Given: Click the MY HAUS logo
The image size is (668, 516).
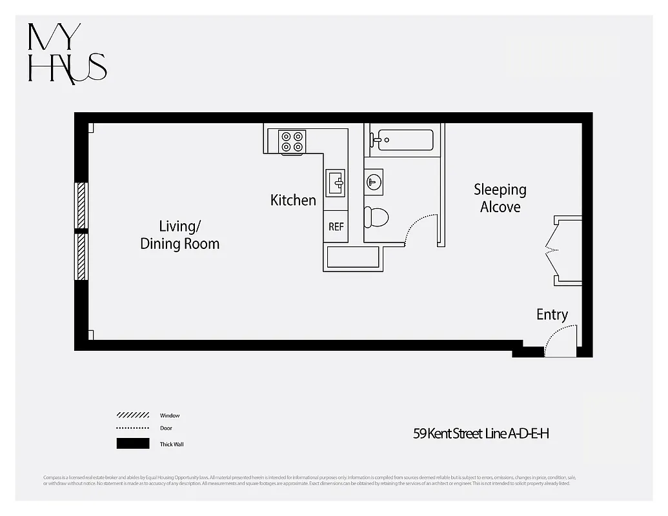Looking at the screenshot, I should click(66, 54).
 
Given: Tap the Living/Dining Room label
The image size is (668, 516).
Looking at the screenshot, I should click(179, 235).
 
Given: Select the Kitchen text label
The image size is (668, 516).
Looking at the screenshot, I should click(293, 201).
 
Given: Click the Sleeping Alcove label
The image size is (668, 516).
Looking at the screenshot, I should click(500, 198).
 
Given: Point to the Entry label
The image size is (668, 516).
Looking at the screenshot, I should click(552, 315).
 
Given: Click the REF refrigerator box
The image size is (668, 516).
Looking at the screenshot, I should click(336, 226).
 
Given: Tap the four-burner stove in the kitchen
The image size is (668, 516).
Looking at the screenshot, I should click(292, 142).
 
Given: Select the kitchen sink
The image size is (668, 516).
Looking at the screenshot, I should click(335, 183).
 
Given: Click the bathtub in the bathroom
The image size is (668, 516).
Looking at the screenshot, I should click(405, 140).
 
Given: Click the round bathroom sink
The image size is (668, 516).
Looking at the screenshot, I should click(374, 181).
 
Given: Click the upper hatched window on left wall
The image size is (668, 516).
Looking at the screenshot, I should click(81, 205).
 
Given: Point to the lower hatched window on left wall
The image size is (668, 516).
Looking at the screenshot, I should click(81, 256).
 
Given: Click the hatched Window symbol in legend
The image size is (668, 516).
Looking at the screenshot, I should click(133, 415).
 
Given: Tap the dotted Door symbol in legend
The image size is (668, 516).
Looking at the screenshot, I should click(133, 428).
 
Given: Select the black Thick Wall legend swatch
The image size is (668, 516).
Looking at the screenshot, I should click(133, 444).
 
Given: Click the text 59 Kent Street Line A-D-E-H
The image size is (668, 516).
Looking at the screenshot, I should click(481, 433).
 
